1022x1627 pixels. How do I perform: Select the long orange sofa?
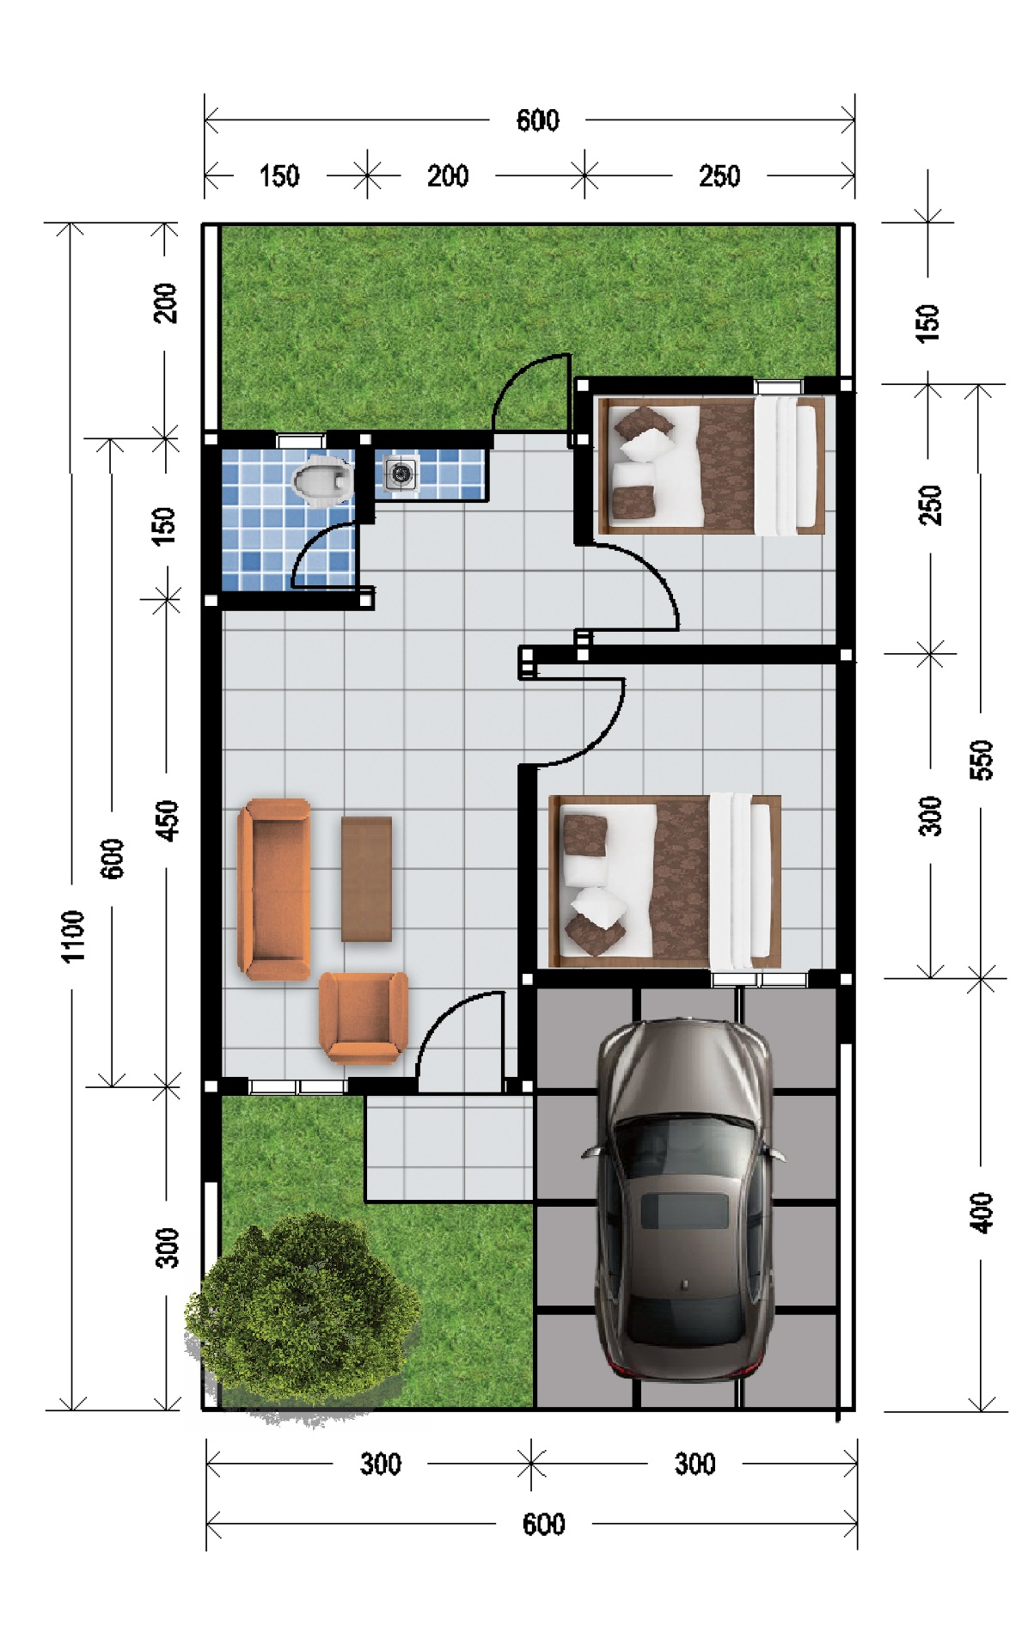tap(274, 890)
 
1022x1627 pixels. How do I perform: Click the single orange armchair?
tap(363, 1017)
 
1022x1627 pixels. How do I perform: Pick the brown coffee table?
tap(366, 879)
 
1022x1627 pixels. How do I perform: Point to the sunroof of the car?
tap(684, 1211)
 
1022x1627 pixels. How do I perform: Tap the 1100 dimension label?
tap(74, 936)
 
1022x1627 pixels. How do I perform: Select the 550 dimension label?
tap(981, 760)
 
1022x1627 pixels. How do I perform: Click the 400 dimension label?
tap(981, 1213)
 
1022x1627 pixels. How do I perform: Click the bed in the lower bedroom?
tap(665, 882)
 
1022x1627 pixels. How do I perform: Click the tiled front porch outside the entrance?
tap(449, 1147)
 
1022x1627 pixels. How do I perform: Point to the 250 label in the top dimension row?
tap(719, 176)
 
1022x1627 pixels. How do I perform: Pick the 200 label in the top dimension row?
tap(448, 176)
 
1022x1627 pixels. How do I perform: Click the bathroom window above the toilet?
tap(302, 441)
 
